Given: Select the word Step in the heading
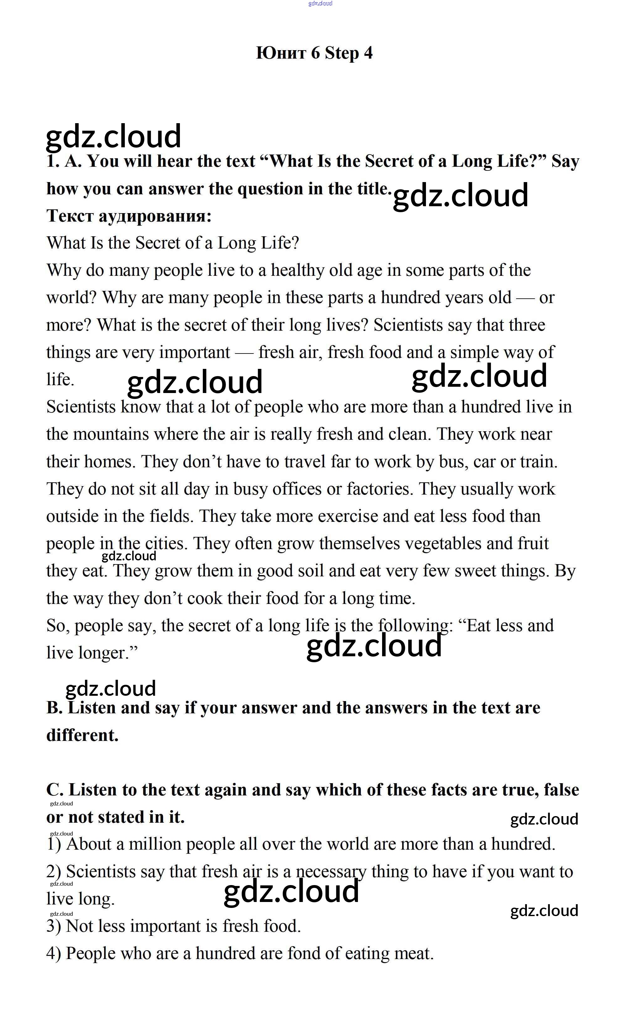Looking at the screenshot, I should (x=342, y=53).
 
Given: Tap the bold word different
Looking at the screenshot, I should (x=82, y=735).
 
